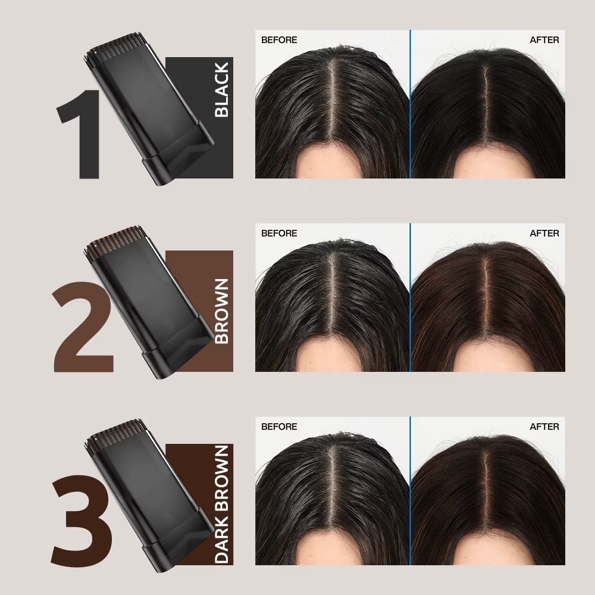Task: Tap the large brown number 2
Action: click(x=83, y=327)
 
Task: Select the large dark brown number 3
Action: click(x=82, y=520)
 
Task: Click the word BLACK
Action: click(x=221, y=90)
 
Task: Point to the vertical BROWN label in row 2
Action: click(x=221, y=311)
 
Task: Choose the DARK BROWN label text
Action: click(x=221, y=505)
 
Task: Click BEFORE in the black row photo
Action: click(x=279, y=40)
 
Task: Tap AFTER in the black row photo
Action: click(x=544, y=40)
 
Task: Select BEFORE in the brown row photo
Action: click(x=279, y=233)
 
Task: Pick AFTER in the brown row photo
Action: click(x=544, y=233)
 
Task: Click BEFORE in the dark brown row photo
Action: click(x=279, y=427)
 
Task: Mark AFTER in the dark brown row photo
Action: click(x=544, y=427)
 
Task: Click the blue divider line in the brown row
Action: click(x=410, y=297)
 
